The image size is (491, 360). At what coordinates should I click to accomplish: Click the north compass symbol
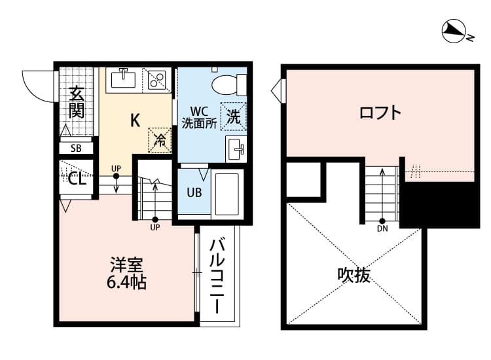pos(453,30)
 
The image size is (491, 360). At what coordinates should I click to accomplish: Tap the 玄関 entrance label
pos(77,102)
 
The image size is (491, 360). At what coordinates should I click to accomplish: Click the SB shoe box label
pos(77,148)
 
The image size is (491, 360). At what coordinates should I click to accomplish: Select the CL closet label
pos(77,179)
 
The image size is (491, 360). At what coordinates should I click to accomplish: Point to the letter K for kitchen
pos(135,120)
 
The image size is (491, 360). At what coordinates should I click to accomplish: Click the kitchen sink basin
pos(123,79)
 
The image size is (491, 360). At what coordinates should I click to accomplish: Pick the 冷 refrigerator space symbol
pos(160,138)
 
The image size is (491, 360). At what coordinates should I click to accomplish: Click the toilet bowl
pos(226,84)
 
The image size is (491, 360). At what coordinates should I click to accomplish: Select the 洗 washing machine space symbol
pos(234,116)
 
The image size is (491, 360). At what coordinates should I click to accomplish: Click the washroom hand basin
pos(236,148)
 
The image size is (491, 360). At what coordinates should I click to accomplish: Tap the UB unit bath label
pos(194,193)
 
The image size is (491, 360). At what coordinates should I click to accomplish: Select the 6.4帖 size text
pos(127,283)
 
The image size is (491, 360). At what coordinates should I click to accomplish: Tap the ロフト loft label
pos(380,113)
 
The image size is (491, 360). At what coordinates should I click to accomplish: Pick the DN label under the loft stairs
pos(382,229)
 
